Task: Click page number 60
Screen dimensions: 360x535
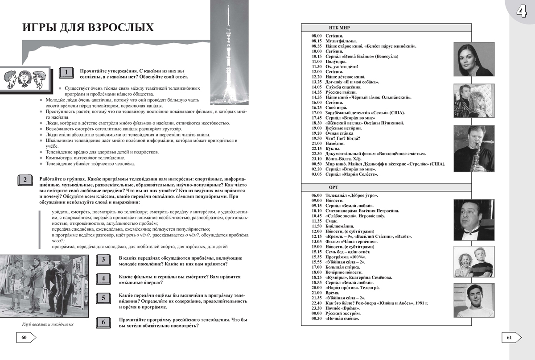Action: point(24,337)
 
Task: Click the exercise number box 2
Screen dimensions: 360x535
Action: point(25,180)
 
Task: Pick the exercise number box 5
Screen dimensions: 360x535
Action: point(103,298)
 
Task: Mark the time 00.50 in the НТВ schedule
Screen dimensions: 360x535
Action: point(316,164)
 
